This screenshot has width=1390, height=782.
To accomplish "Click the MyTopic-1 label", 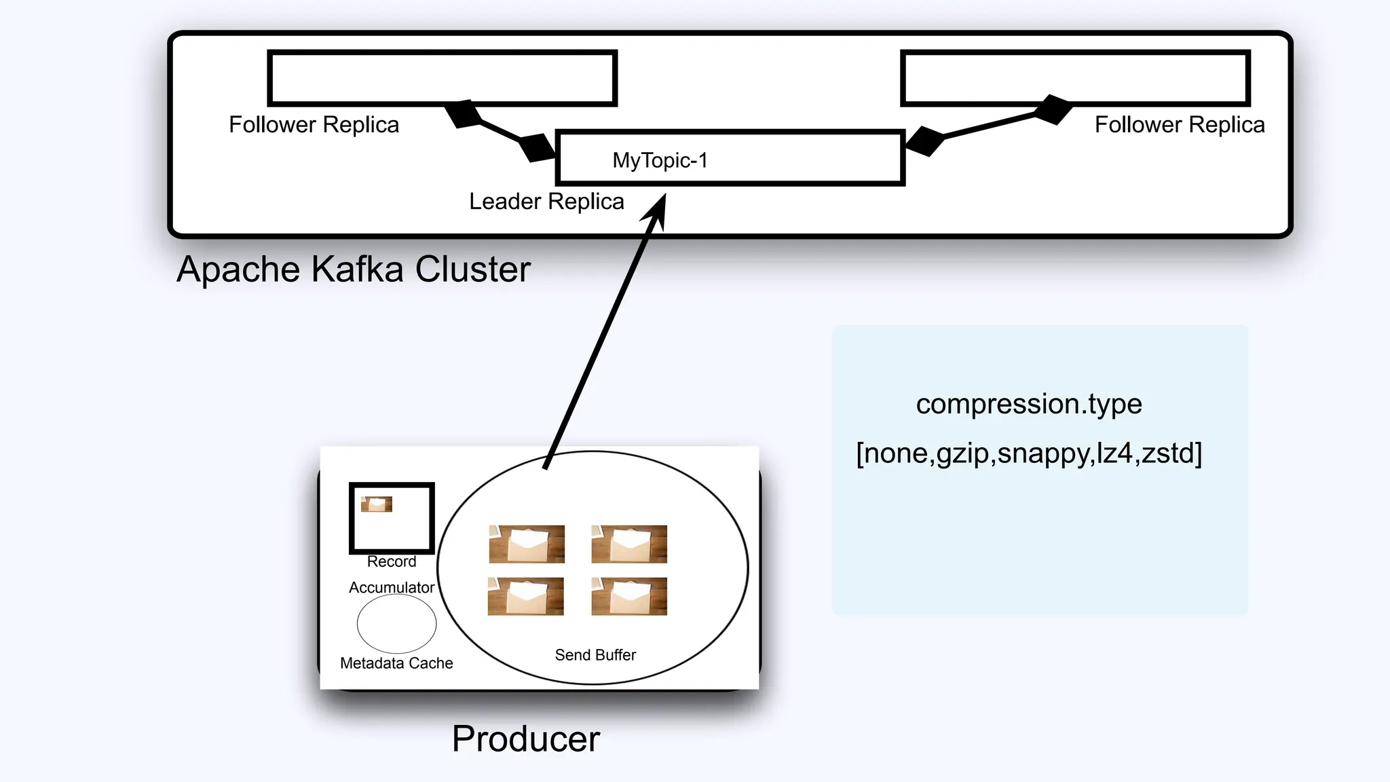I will click(660, 161).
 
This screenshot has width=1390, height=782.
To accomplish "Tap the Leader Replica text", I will click(546, 202).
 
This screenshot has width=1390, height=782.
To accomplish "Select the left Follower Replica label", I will click(314, 125).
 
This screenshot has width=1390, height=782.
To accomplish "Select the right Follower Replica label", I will click(1180, 125).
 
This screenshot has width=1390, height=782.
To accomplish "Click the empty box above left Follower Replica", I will click(442, 78).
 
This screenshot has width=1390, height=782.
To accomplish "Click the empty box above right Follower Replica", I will click(1075, 78).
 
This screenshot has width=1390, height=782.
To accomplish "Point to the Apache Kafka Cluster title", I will click(353, 269).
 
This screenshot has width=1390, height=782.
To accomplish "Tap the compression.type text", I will click(1029, 404).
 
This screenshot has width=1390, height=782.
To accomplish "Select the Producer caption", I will click(526, 739).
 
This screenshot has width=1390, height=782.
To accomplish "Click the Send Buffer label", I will click(595, 655).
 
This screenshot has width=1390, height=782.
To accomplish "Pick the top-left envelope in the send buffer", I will click(527, 544).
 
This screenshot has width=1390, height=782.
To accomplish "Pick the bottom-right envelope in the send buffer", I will click(629, 596).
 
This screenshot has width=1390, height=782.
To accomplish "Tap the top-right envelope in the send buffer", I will click(629, 544).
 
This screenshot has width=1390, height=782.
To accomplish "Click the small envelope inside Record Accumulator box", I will click(377, 504).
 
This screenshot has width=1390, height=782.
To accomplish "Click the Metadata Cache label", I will click(396, 663).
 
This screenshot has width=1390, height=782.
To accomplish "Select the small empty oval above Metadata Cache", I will click(396, 624).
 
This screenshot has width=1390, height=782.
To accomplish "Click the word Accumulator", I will click(392, 588).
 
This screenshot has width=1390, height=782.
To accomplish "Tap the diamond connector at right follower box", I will click(1053, 109).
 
